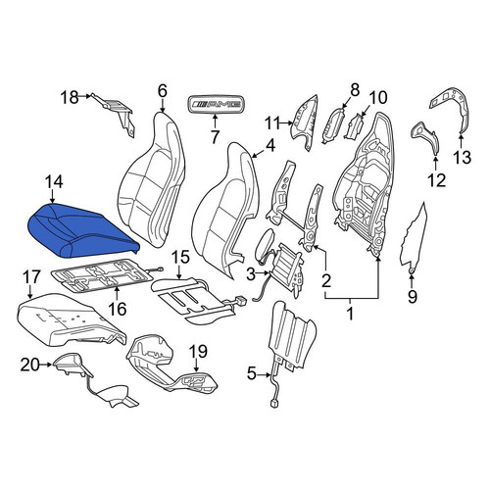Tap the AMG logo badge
216,105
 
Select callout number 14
54,183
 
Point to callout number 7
215,137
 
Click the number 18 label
70,97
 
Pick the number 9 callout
413,297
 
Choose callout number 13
462,158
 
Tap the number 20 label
30,365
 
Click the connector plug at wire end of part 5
273,404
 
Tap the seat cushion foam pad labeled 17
71,320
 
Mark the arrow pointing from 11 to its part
288,123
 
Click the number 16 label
117,308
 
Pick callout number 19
199,352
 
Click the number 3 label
250,274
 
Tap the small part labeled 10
354,126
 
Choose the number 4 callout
269,146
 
